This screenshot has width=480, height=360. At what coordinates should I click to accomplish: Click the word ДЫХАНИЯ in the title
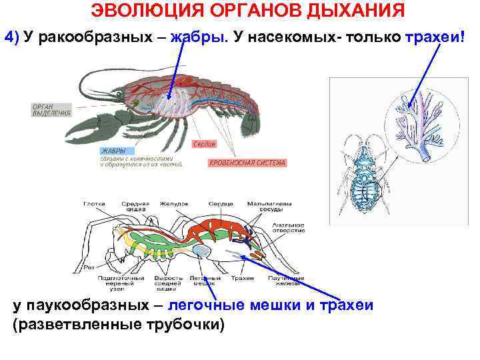351,11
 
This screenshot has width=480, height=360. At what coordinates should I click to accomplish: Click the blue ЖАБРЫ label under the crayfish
113,151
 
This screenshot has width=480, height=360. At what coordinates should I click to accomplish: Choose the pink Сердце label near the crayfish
204,144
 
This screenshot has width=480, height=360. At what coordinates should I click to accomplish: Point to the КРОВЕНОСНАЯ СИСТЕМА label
247,163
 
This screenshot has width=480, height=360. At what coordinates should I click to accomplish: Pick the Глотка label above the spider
94,203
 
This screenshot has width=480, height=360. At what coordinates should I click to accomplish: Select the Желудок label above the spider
174,203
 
